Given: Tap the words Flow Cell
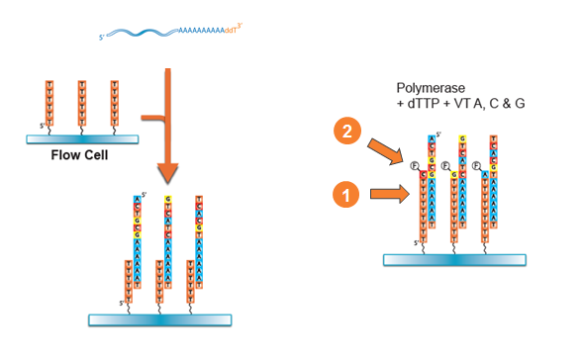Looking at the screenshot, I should (79, 155).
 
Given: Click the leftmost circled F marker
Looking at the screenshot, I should (416, 165).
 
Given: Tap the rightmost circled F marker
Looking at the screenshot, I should (477, 165).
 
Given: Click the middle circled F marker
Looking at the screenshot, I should (446, 165).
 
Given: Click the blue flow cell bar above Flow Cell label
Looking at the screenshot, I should (80, 138).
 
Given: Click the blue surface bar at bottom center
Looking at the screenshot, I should (159, 319).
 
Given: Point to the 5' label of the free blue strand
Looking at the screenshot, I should (101, 39).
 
